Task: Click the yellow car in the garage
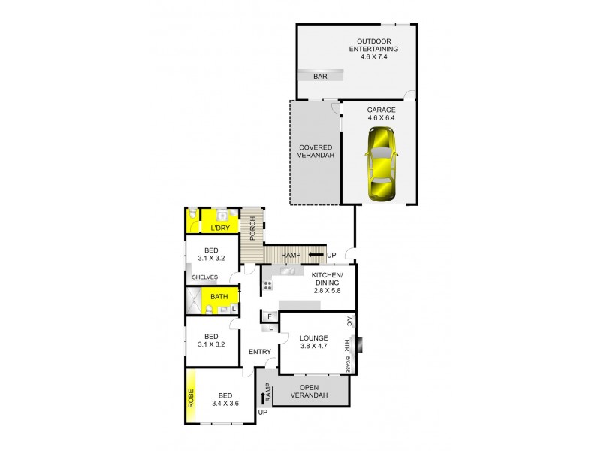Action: click(x=382, y=165)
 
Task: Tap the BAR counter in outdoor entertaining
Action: click(x=321, y=75)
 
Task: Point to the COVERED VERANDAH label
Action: click(x=316, y=152)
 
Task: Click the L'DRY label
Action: click(x=219, y=226)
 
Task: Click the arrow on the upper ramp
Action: click(x=316, y=256)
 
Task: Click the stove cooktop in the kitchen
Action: click(x=267, y=286)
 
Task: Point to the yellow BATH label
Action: click(x=219, y=297)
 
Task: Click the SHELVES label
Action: click(x=204, y=277)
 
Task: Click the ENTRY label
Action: click(x=260, y=351)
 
